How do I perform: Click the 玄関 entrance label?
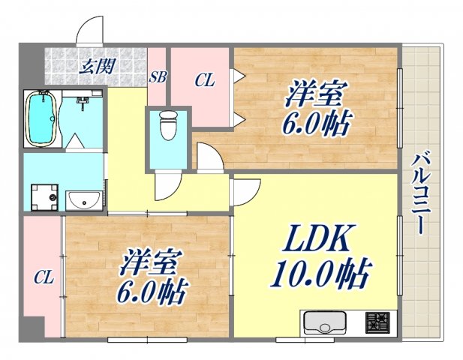pos(98,65)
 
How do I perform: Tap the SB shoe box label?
pos(158,76)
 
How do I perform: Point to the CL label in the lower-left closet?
pos(44,277)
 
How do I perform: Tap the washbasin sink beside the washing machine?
pos(84,200)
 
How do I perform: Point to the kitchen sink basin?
pos(325,325)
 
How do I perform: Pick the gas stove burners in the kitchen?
pos(377,323)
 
